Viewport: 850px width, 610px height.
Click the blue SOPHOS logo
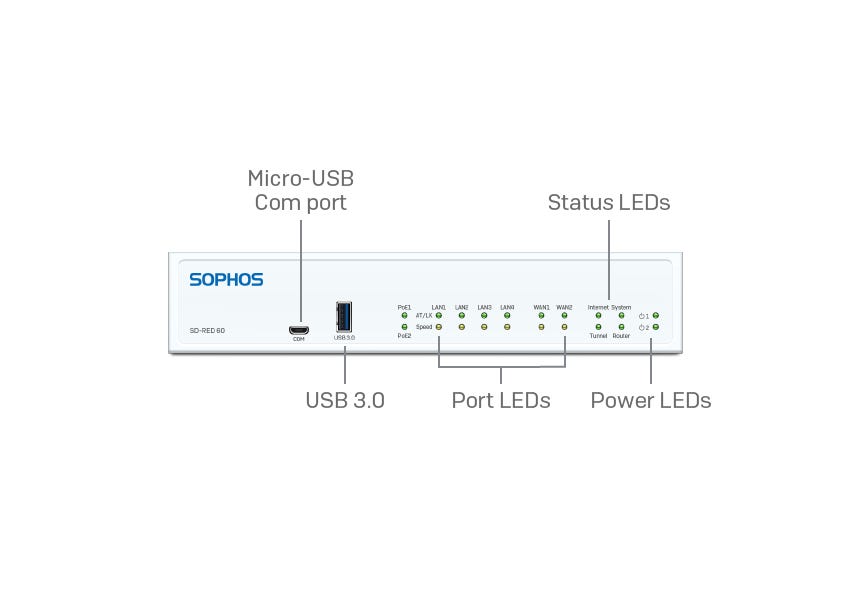(226, 280)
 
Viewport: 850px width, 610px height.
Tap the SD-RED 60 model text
(207, 330)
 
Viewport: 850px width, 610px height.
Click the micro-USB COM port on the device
(298, 329)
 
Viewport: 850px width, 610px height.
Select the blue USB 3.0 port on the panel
(344, 317)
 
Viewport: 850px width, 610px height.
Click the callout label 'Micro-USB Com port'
(300, 190)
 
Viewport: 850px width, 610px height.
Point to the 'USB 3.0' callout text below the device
(345, 400)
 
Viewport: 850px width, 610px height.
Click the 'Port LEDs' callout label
(501, 400)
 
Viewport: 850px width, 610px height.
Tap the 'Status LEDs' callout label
(608, 202)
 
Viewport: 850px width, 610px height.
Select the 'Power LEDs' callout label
(650, 400)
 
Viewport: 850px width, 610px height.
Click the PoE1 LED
(404, 316)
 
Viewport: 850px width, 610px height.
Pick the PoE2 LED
(404, 327)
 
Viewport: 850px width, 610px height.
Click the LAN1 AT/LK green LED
(439, 316)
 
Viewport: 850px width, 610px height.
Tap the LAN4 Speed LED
(507, 327)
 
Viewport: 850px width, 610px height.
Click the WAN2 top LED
(564, 316)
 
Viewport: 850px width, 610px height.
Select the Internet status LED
(598, 316)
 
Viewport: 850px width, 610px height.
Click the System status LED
(621, 316)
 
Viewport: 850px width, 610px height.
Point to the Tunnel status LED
(598, 327)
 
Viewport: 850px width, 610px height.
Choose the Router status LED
(621, 327)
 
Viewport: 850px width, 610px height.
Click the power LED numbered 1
(655, 316)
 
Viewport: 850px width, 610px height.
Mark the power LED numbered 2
(655, 327)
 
